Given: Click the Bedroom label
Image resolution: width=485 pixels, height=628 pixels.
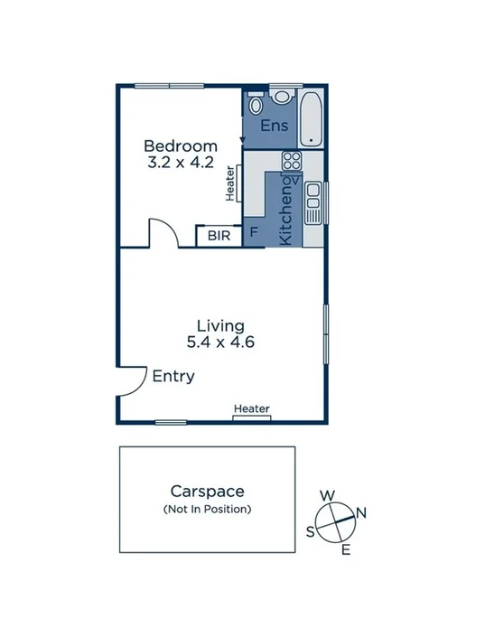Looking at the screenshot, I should point(181,145).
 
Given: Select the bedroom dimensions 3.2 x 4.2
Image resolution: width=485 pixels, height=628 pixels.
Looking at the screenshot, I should point(181,164).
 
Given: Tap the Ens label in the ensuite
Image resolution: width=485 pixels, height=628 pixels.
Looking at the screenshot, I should point(275,126).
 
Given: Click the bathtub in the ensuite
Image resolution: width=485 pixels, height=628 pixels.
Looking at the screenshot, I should point(312,118).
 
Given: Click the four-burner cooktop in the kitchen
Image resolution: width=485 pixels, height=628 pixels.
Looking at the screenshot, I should point(291,162).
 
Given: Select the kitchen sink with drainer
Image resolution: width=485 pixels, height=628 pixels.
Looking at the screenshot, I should point(312,203).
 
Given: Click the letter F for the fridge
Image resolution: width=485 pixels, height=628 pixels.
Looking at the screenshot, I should point(254,233).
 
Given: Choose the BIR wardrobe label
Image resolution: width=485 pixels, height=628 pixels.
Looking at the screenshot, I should point(219,236).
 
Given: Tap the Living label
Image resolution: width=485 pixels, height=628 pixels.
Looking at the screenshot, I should point(220,325).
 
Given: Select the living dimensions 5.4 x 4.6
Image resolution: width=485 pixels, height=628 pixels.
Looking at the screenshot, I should point(220,342).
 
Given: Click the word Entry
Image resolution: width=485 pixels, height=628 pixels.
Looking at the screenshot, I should point(173,377).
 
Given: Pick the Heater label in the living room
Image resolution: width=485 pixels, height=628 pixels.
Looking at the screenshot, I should point(252,409).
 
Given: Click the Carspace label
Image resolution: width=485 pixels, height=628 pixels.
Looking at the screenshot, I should point(208,492).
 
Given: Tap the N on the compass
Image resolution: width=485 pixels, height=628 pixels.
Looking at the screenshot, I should point(361,512).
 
